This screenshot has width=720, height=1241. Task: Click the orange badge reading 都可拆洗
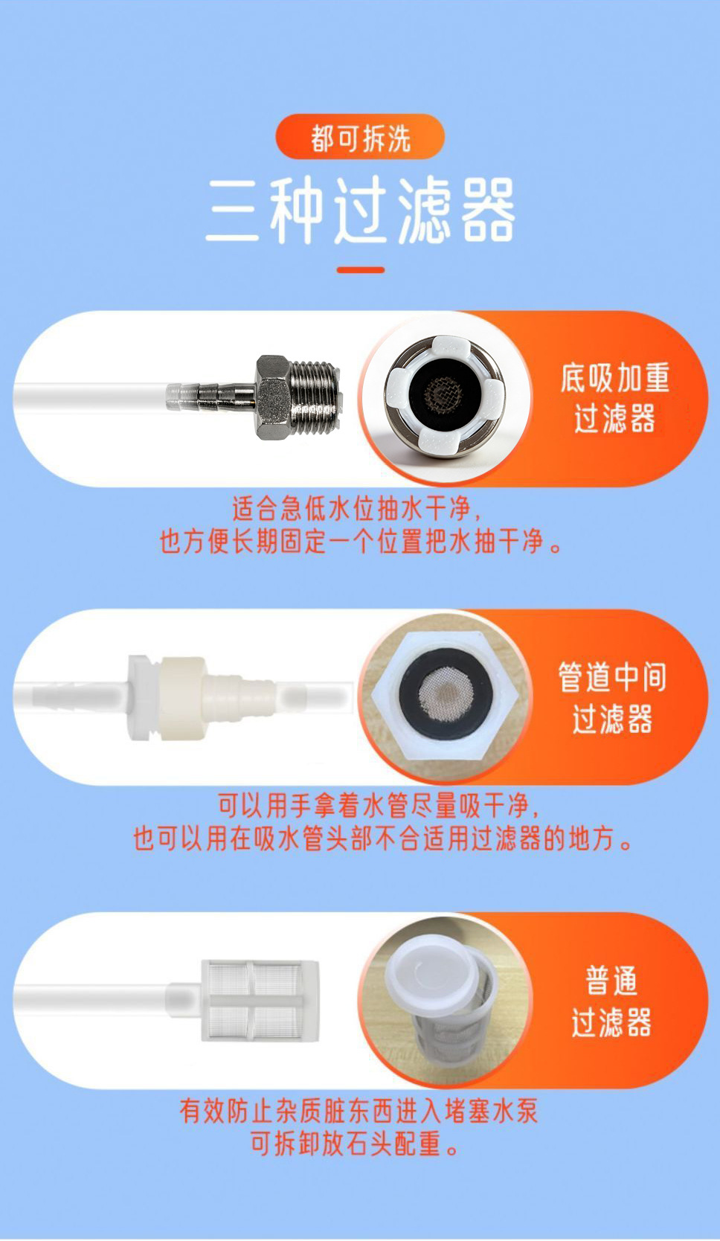(x=360, y=137)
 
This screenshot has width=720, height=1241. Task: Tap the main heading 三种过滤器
(x=361, y=211)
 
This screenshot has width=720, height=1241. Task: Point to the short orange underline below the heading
(x=361, y=270)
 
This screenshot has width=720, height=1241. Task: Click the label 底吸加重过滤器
(x=614, y=398)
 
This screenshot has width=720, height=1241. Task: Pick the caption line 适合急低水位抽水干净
(x=356, y=507)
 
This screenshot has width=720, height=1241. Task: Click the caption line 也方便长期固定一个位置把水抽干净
(x=361, y=542)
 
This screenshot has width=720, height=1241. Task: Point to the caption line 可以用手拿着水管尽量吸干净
(x=379, y=806)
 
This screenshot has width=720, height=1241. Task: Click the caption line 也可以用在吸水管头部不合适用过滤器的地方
(x=382, y=839)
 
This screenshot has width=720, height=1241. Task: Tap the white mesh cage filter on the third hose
(x=260, y=1001)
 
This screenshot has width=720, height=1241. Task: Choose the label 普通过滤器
(x=611, y=1001)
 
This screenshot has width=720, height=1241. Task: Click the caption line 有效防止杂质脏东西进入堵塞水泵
(x=359, y=1112)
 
